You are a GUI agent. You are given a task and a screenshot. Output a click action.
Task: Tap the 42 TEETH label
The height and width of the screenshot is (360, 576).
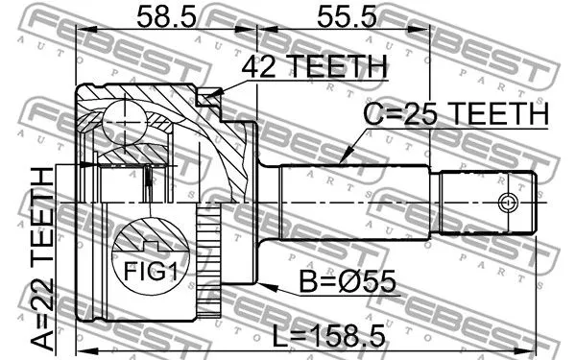click(314, 68)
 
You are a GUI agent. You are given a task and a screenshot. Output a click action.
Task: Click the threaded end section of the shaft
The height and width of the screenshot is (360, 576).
click(485, 202)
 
